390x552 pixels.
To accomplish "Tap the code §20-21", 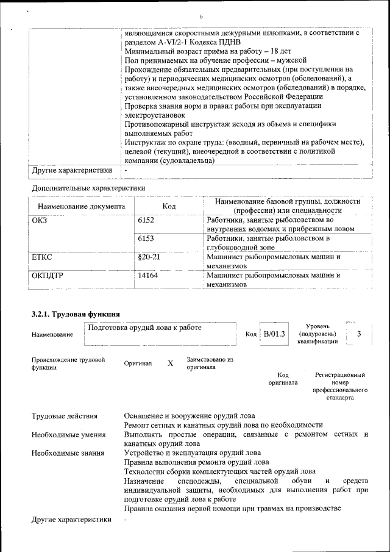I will [x=149, y=257].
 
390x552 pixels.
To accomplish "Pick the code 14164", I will [x=148, y=276].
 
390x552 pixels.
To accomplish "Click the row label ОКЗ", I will [x=39, y=220].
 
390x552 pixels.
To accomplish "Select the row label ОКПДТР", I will [x=48, y=276].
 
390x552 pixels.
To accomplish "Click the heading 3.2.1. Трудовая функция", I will [x=75, y=314].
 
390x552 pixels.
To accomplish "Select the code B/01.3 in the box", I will [x=274, y=334].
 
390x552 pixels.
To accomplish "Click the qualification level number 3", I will [x=359, y=334].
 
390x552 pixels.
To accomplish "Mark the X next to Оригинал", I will [x=170, y=363].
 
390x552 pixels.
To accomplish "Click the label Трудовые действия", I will [x=65, y=416].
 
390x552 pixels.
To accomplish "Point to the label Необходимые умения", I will [x=68, y=434].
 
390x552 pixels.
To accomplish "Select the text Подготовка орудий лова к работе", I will [x=145, y=328].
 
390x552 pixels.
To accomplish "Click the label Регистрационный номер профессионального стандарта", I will [x=340, y=385].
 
